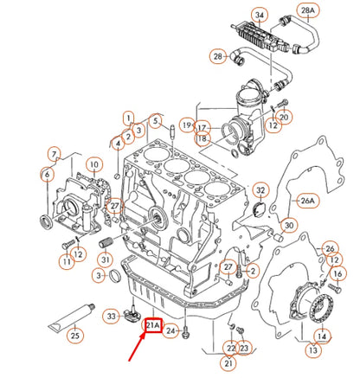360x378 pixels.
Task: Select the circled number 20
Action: tap(284, 118)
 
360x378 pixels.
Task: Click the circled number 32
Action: tap(260, 190)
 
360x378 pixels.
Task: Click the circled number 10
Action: tap(92, 164)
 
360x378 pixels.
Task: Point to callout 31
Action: tap(104, 260)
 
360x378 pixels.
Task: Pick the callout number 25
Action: tap(75, 335)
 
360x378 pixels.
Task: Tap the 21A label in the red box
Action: tap(152, 325)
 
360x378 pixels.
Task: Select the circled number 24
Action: tap(171, 330)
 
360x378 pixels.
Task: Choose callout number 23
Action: tap(243, 348)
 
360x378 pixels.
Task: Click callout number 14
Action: tap(321, 335)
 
